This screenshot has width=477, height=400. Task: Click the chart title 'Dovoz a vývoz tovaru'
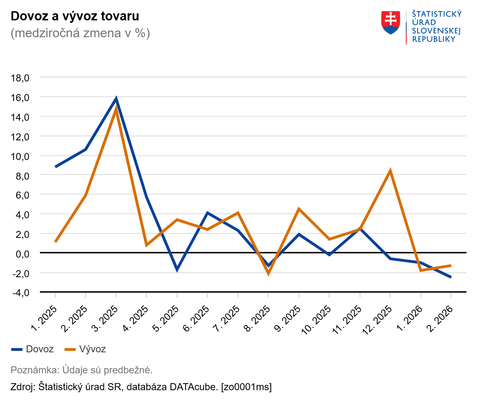tap(75, 16)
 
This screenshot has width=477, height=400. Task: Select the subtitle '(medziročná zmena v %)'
tap(80, 33)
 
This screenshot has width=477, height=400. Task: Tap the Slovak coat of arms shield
tap(390, 23)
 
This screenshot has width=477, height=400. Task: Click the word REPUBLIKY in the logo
tap(434, 39)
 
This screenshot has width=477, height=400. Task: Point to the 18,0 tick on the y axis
tap(20, 78)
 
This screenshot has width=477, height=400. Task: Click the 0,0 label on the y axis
tap(22, 254)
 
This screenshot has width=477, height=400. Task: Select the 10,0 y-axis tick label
tap(20, 156)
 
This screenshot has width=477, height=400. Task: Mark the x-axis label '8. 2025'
tap(257, 319)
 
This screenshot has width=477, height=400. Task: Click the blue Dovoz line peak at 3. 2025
tap(116, 99)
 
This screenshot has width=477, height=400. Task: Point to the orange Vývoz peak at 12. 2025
tap(390, 171)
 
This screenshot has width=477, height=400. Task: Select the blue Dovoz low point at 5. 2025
tap(177, 269)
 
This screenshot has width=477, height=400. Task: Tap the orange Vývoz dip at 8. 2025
tap(268, 273)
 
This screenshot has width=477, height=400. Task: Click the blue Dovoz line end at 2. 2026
tap(450, 277)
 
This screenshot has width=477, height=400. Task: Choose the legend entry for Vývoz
tap(85, 349)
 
